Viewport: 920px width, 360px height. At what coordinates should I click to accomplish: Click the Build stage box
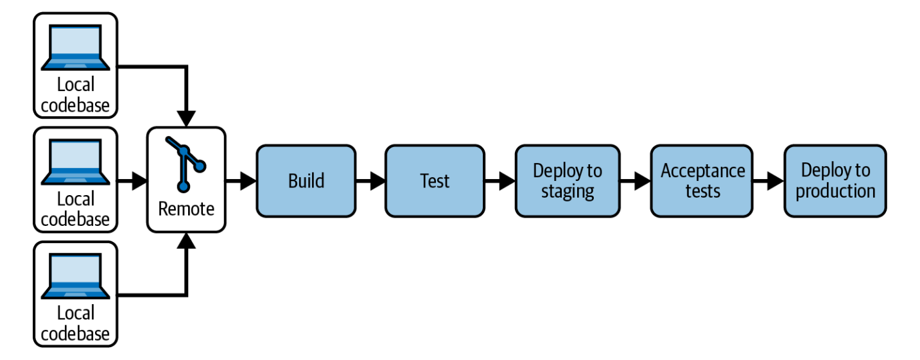point(306,181)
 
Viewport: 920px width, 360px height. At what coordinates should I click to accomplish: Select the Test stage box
point(434,181)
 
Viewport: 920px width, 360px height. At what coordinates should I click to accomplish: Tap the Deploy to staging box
point(568,181)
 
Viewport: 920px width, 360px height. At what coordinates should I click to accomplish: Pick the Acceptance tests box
point(702,181)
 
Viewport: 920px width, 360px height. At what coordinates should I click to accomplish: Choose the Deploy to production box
point(835,181)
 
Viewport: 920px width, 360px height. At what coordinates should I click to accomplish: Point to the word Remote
point(186,209)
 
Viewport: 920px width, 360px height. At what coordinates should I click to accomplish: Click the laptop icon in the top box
point(75,47)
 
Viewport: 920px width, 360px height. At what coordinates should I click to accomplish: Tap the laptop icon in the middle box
point(75,162)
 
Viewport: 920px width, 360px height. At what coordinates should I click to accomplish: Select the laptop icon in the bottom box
point(75,276)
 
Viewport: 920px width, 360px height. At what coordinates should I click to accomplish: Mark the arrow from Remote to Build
point(241,181)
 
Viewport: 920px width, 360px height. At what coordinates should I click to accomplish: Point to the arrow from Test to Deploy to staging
point(500,181)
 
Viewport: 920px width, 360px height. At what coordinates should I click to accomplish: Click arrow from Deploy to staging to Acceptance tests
point(635,181)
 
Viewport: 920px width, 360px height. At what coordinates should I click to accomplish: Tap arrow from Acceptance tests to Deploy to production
point(768,181)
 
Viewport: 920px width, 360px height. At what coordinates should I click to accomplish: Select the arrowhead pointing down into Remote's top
point(186,119)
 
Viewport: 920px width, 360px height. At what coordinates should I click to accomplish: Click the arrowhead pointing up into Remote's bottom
point(186,241)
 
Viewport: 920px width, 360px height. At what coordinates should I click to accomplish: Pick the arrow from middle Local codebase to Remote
point(132,181)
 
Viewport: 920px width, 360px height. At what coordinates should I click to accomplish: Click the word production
point(835,191)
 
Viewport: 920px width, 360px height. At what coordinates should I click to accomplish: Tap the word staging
point(568,191)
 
